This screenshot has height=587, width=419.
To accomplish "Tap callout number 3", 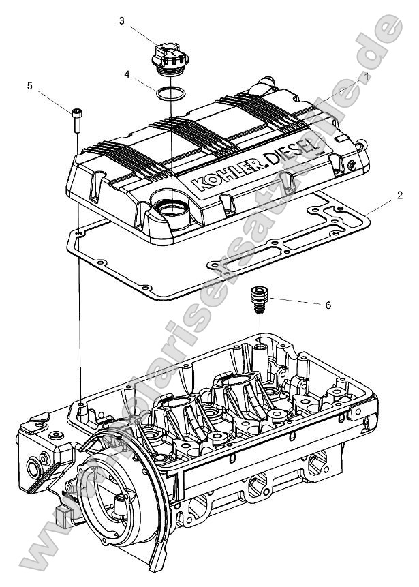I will pyautogui.click(x=121, y=21).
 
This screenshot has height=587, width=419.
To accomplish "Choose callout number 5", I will pyautogui.click(x=29, y=85).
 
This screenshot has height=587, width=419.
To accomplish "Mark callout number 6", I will pyautogui.click(x=328, y=305).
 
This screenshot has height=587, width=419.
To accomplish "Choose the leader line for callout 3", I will pyautogui.click(x=144, y=35).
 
